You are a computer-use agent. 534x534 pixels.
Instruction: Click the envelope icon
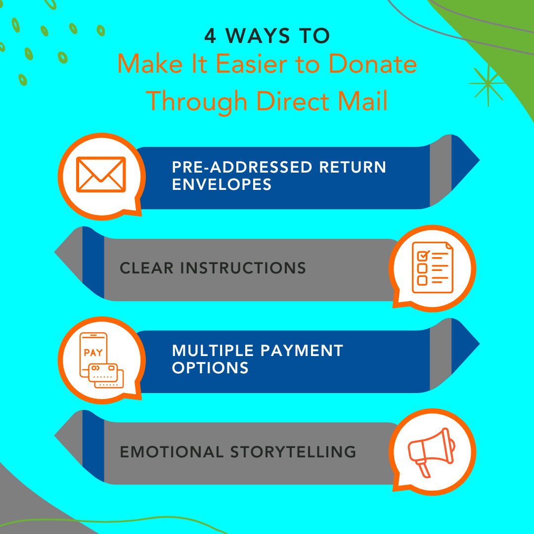(101, 175)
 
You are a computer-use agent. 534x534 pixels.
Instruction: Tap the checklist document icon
(433, 267)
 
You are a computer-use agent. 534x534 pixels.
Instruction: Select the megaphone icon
(432, 452)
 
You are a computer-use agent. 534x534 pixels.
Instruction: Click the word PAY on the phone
(93, 353)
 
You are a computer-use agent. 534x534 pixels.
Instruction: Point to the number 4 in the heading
(210, 36)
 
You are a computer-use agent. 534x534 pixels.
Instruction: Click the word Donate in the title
(373, 64)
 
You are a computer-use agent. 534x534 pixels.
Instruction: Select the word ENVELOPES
(222, 184)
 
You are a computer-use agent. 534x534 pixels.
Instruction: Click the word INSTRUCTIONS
(243, 268)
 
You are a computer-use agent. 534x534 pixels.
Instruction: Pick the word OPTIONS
(210, 368)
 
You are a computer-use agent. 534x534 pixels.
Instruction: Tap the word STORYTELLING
(293, 452)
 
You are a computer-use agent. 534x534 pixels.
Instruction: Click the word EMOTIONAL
(172, 452)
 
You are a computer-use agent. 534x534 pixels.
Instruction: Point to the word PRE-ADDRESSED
(242, 167)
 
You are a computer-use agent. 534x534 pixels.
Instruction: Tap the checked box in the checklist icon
(423, 256)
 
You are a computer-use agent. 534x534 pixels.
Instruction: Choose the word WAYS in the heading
(258, 36)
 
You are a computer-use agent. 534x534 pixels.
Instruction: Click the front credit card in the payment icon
(103, 373)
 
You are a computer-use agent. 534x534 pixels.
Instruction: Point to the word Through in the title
(196, 101)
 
